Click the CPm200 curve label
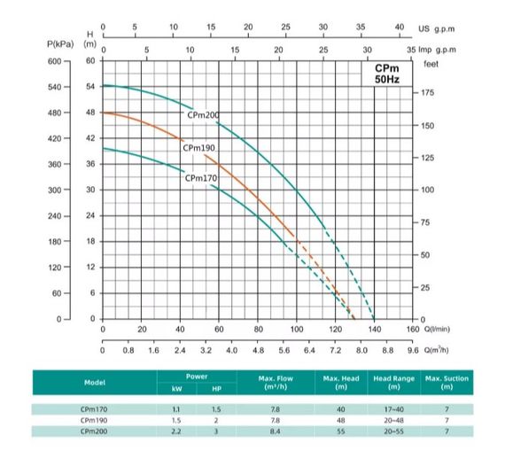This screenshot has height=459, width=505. point(204,115)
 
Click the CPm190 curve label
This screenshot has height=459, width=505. point(199,148)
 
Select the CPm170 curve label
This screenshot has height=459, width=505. point(201,178)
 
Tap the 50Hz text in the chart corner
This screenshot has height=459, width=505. point(387,81)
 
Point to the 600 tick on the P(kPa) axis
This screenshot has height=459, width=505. point(55,61)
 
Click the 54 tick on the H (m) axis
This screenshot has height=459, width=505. point(89,87)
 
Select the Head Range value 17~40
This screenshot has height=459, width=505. point(394,408)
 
